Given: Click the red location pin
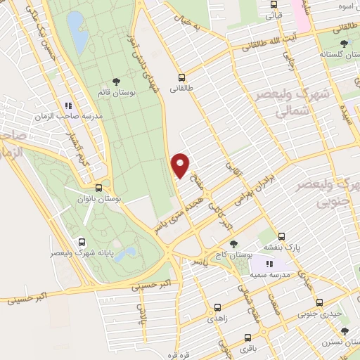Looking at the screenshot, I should (181, 165).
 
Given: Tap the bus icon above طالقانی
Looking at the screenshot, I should (182, 78).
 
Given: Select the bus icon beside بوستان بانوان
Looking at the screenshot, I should (98, 188).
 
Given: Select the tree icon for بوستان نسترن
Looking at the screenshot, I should (344, 331).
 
